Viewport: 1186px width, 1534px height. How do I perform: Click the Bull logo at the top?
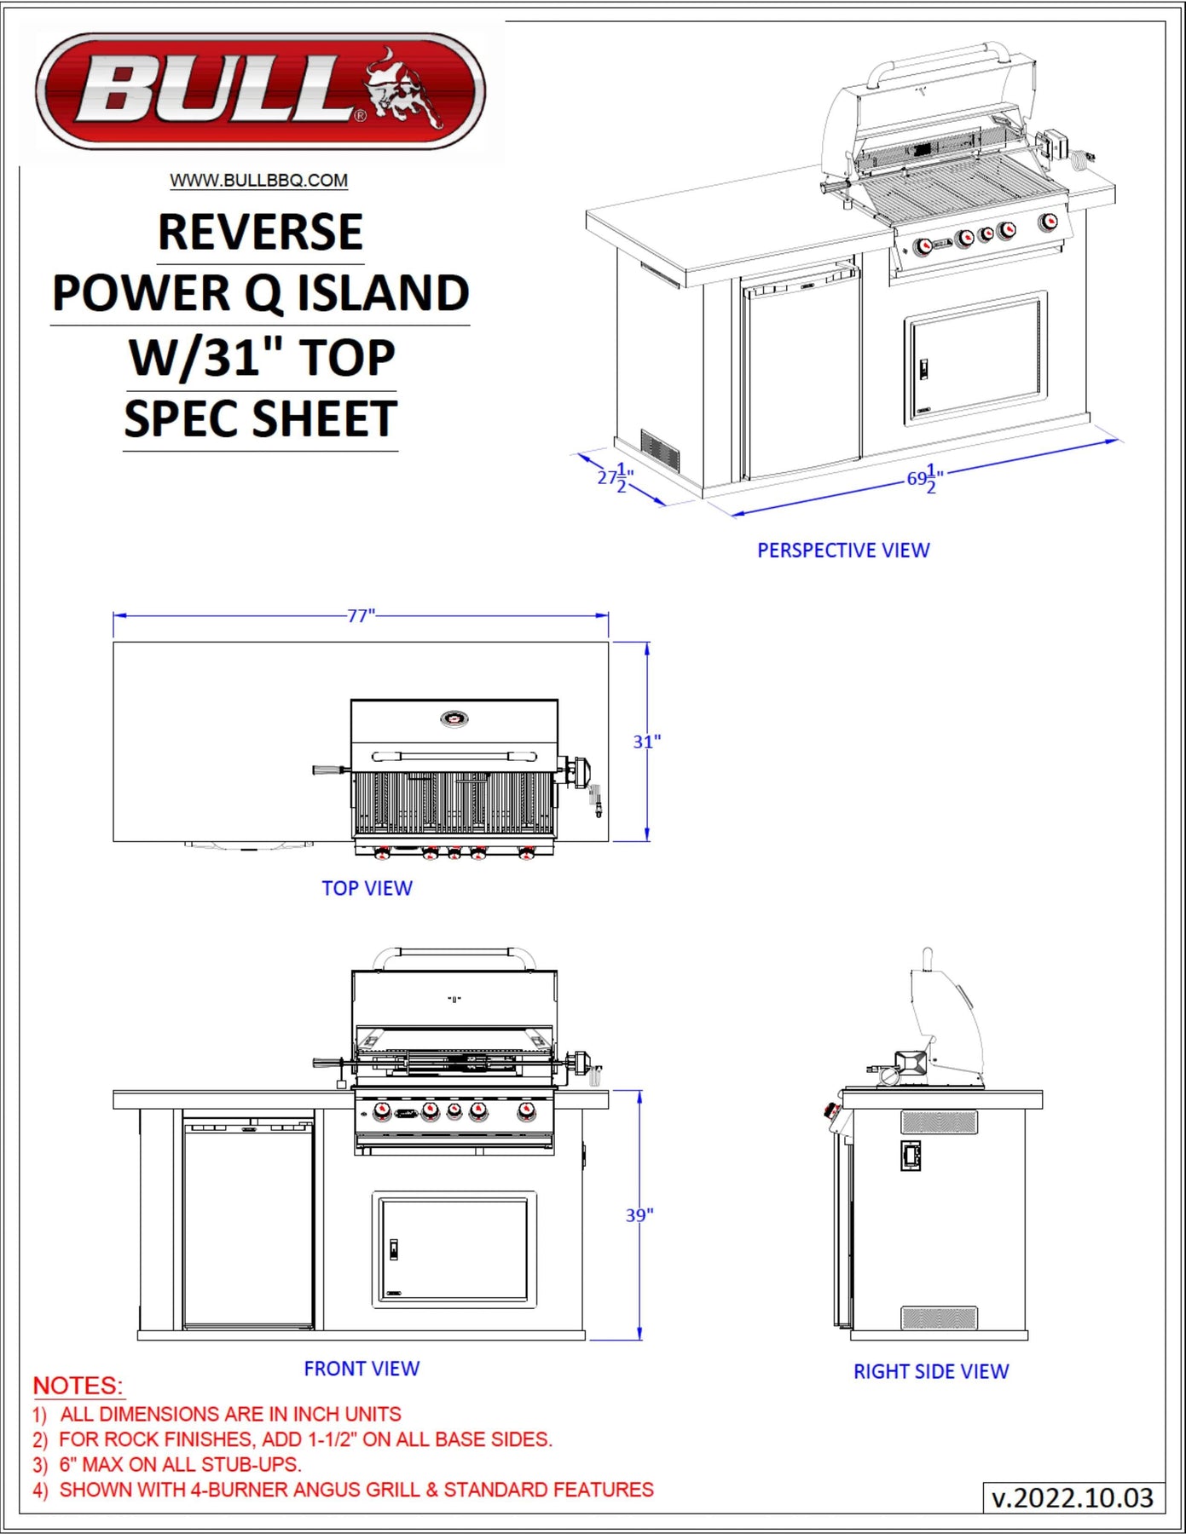click(x=261, y=91)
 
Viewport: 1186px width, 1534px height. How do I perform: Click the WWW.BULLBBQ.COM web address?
click(x=259, y=181)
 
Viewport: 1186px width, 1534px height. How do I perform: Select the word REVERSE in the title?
click(x=261, y=232)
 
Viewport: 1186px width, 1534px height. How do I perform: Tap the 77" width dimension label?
click(x=361, y=615)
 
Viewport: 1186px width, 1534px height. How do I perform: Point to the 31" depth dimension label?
click(x=646, y=742)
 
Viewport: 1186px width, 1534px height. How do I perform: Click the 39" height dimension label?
click(x=639, y=1215)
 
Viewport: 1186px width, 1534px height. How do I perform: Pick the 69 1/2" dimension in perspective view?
click(x=925, y=479)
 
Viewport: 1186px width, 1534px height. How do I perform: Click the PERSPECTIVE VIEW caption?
click(x=843, y=551)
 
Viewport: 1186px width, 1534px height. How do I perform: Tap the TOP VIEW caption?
click(x=367, y=888)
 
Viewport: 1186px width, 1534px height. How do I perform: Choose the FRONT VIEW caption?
click(x=362, y=1369)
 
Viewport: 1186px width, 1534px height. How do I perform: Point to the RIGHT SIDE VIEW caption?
click(x=931, y=1371)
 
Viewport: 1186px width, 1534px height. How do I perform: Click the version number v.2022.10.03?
click(x=1073, y=1497)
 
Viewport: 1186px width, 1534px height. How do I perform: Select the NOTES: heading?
click(x=78, y=1386)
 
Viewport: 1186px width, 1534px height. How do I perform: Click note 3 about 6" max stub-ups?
click(x=167, y=1464)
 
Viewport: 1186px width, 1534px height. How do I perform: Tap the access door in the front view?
click(x=454, y=1249)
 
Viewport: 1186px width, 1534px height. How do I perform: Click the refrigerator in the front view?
click(x=248, y=1225)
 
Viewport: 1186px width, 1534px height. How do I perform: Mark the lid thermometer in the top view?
click(x=454, y=718)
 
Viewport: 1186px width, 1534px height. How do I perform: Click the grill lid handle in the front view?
click(x=454, y=954)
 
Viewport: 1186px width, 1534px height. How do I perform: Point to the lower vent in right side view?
click(x=940, y=1318)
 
